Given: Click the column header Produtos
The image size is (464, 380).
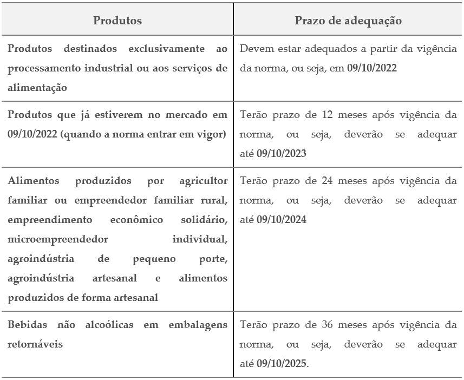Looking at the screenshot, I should click(117, 21).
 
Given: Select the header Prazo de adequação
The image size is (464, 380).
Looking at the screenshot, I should click(348, 21).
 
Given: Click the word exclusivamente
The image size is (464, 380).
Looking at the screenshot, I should click(162, 49).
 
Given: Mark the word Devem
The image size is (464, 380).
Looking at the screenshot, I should click(254, 49).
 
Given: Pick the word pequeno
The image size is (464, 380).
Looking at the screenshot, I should click(154, 258).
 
